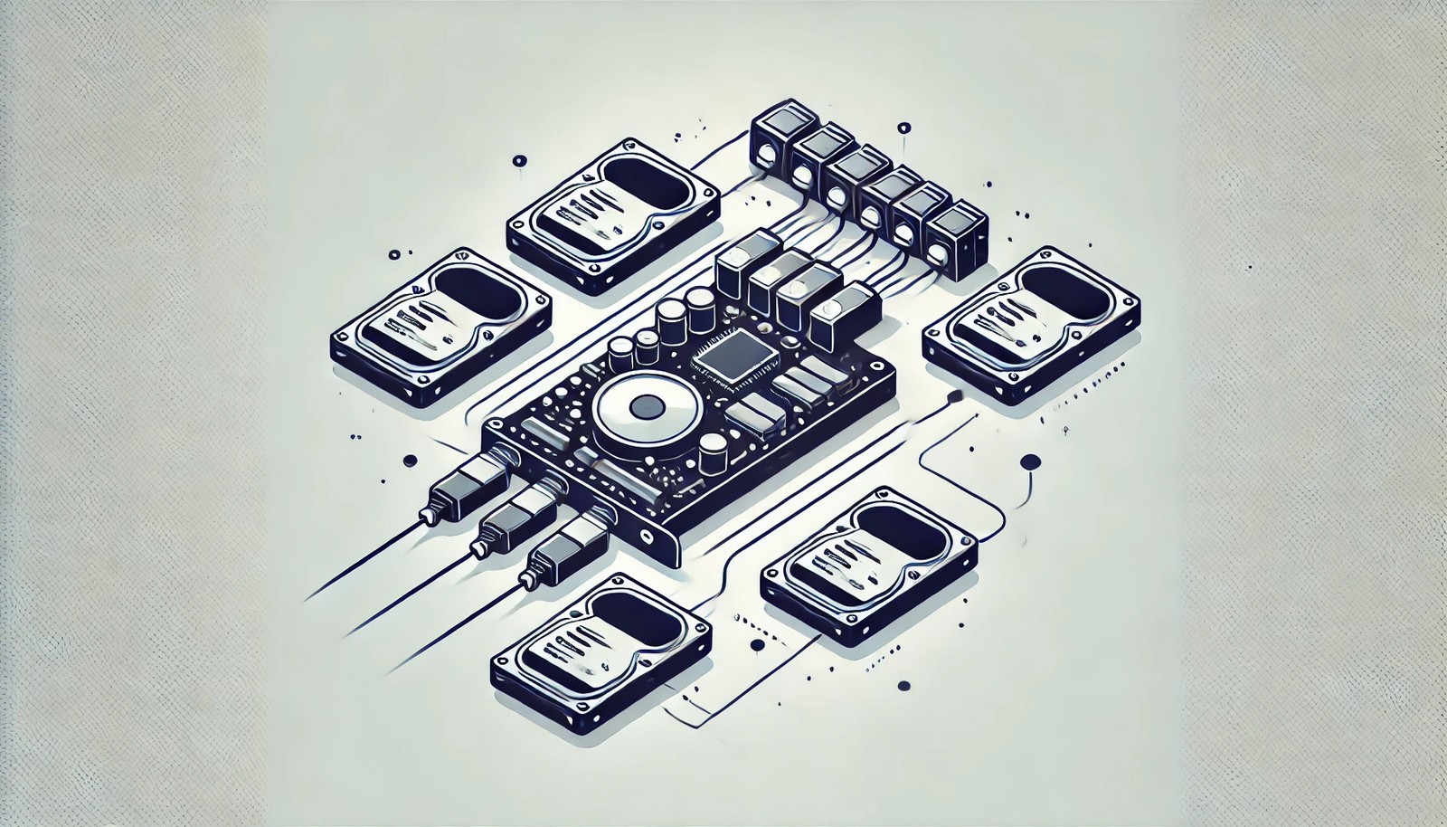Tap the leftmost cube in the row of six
(774, 136)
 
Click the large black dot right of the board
(1027, 463)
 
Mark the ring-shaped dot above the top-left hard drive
(519, 162)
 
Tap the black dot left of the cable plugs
(411, 460)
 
